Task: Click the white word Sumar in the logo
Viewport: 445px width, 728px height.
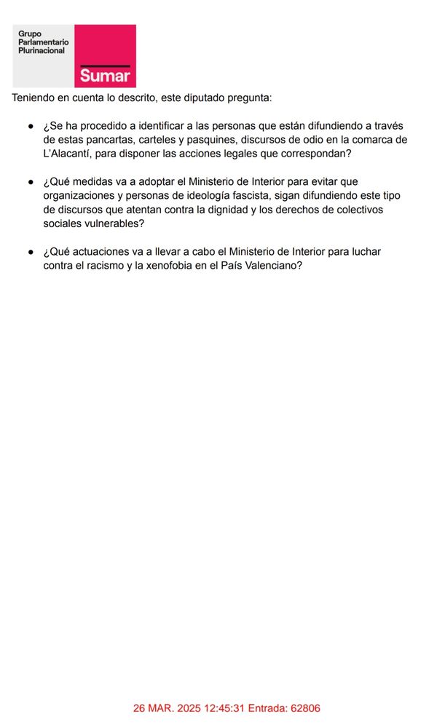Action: tap(105, 76)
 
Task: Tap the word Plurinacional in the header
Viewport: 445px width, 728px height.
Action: tap(42, 50)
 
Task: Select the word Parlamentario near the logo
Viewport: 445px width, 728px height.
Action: tap(44, 42)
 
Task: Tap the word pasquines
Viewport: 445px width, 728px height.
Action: tap(202, 140)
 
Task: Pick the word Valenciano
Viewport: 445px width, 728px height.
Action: tap(269, 266)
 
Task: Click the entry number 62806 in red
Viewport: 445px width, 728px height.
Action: tap(305, 708)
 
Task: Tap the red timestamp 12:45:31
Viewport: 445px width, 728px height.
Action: tap(210, 708)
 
